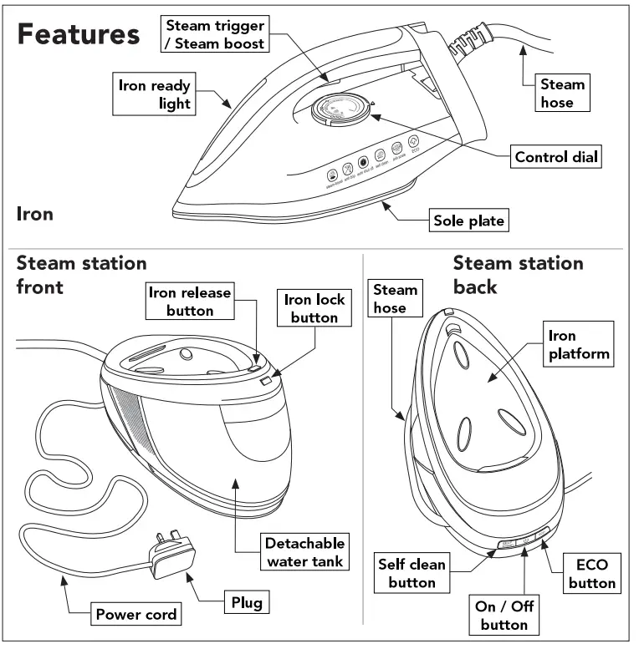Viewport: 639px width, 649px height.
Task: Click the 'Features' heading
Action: [x=79, y=35]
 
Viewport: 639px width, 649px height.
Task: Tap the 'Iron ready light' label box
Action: [x=155, y=94]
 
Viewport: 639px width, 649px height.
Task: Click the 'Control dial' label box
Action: [x=556, y=157]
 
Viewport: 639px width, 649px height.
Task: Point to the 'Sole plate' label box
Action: [x=469, y=221]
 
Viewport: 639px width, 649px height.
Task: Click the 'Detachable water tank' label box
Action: [x=304, y=551]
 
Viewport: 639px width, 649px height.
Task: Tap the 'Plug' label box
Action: [x=247, y=601]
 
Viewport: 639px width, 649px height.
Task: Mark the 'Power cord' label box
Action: [x=136, y=615]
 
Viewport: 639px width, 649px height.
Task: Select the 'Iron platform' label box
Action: [x=578, y=344]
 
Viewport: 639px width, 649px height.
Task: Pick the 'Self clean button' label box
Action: [x=412, y=573]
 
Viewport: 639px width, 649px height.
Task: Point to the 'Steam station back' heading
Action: [x=518, y=275]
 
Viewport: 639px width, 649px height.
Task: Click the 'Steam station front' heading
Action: [x=82, y=275]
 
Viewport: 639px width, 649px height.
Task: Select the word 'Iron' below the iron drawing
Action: [x=35, y=214]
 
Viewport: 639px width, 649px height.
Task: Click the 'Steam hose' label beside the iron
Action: [x=562, y=93]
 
